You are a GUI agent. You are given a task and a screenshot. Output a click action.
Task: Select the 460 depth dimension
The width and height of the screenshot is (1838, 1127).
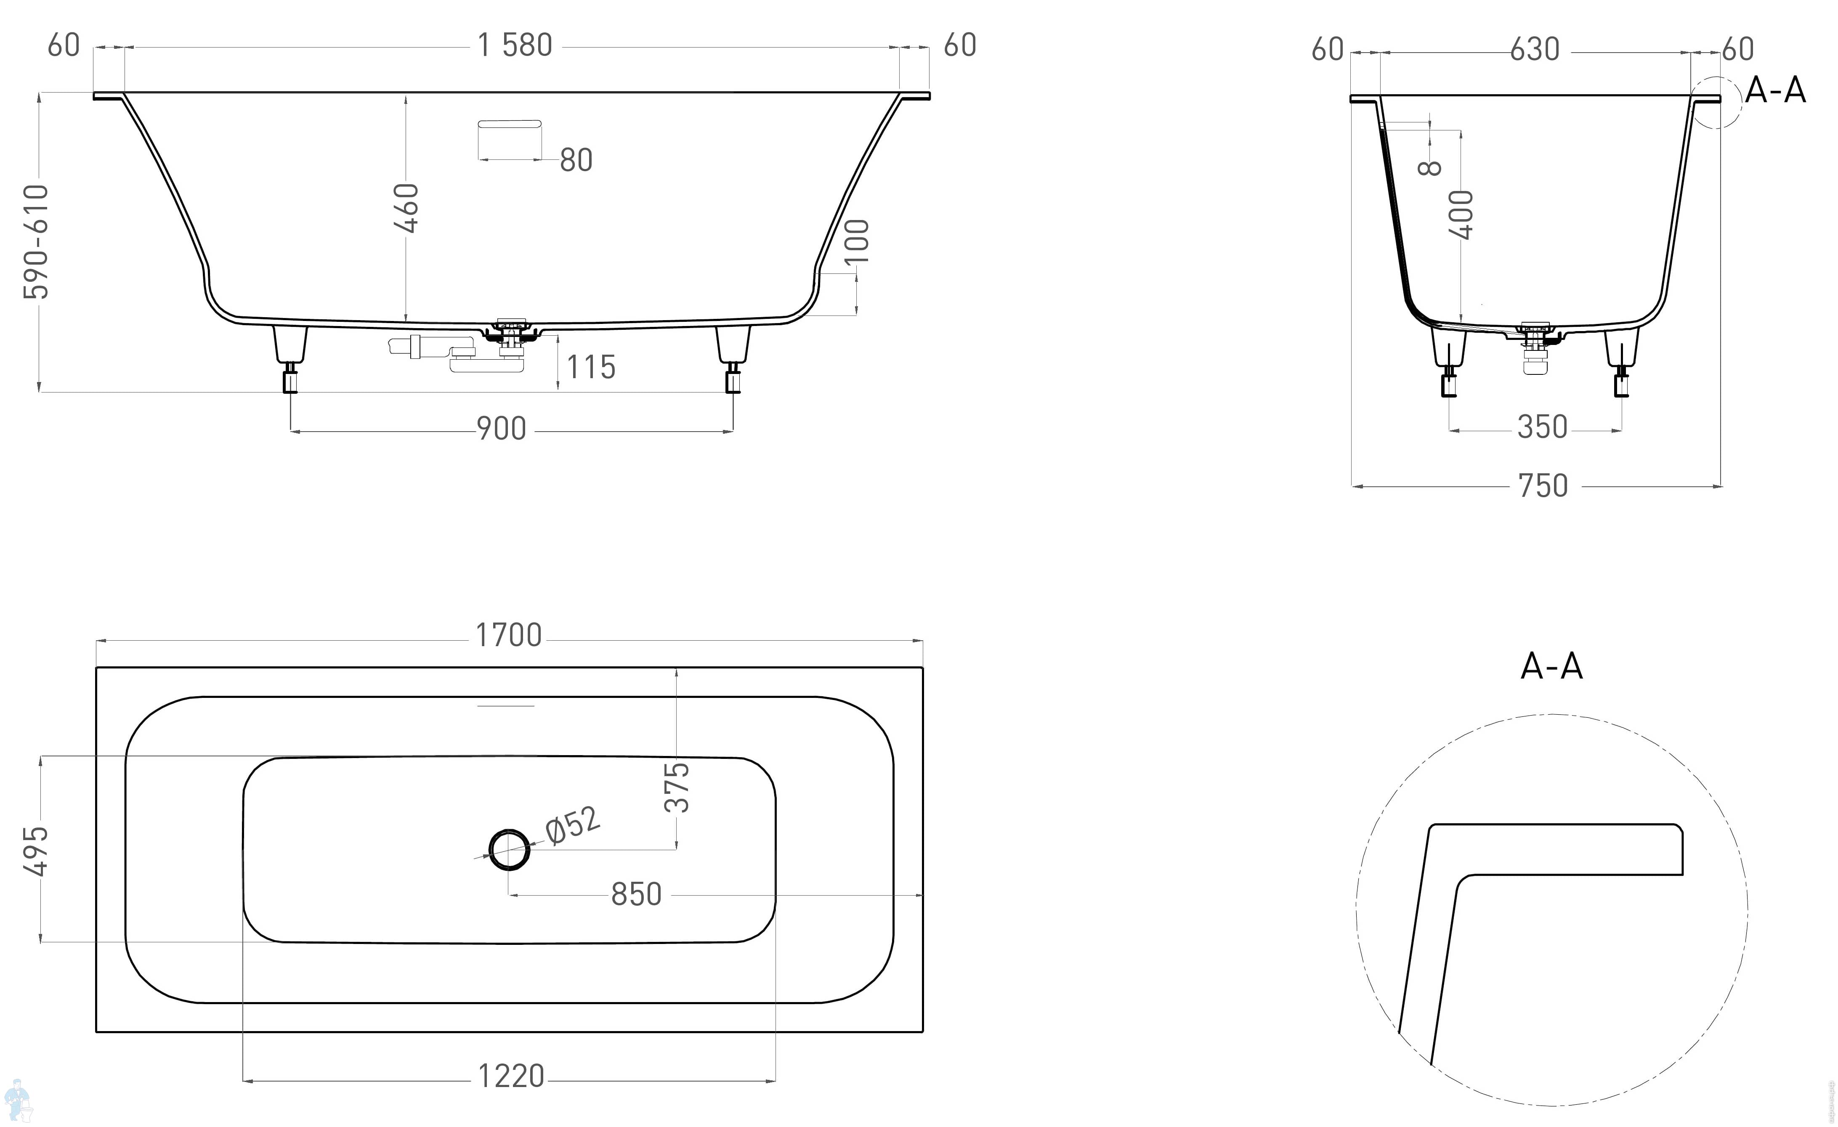(407, 208)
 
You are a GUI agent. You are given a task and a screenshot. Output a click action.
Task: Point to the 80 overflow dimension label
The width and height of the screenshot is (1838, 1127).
(576, 160)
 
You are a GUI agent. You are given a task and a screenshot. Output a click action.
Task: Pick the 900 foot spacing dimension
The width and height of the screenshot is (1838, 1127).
(501, 430)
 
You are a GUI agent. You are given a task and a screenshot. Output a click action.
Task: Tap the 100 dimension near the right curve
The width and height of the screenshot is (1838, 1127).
(857, 241)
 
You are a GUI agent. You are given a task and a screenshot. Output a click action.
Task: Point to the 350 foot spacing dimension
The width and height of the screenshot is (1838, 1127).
(1543, 427)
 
